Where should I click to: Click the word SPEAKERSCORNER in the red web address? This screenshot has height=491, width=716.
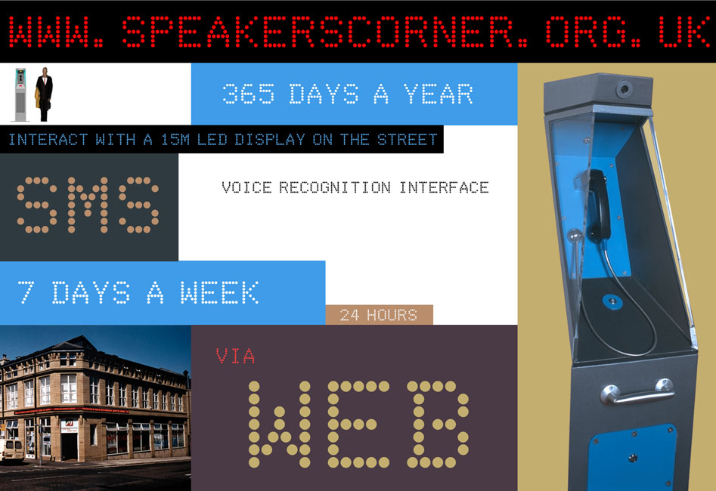pos(324,32)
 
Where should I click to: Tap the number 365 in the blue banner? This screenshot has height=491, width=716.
pos(249,94)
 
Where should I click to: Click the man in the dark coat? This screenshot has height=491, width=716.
pos(44,94)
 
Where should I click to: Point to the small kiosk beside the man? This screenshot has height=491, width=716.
pos(20,95)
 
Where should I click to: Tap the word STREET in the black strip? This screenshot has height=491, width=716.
pos(408,139)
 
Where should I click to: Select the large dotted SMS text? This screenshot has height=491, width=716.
pos(88,205)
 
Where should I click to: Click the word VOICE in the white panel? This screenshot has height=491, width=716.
pos(246,187)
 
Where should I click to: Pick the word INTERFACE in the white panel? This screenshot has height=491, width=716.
pos(445,187)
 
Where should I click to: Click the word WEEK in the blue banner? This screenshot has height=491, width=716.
pos(220,292)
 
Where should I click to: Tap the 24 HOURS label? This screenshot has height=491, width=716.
pos(379,315)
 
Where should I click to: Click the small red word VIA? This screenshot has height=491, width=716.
pos(235,356)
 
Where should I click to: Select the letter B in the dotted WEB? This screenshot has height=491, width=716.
pos(438,425)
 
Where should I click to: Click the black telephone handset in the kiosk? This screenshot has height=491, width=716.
pos(598,205)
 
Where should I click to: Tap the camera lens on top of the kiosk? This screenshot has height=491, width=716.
pos(625,88)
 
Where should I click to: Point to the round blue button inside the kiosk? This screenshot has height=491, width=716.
pos(612,301)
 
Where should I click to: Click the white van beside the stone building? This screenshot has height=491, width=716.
pos(11,449)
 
